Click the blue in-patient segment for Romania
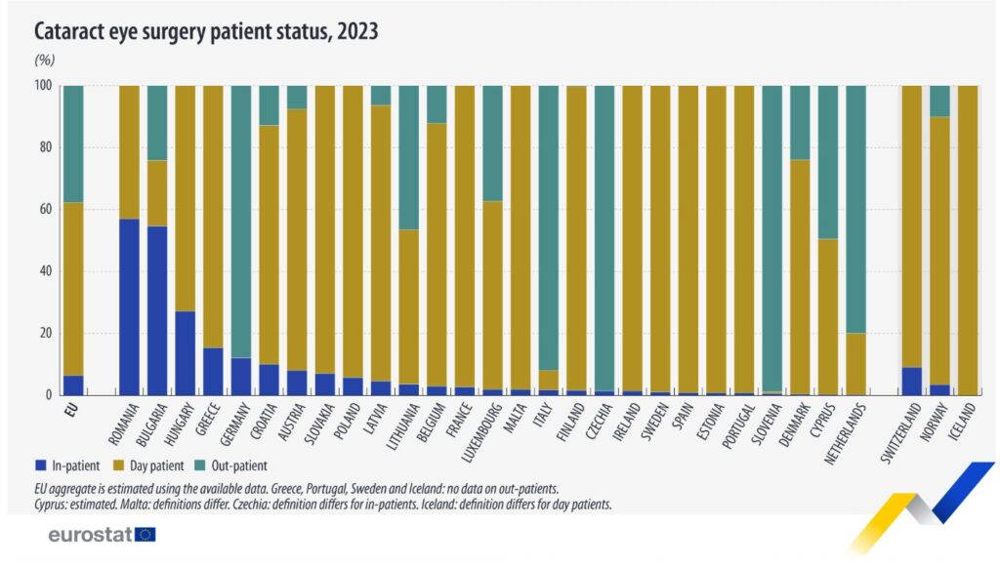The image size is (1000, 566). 128,307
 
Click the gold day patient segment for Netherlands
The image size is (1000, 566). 855,364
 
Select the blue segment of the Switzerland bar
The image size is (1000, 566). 911,381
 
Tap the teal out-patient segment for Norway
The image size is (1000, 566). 939,101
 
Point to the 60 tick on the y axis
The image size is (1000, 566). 45,209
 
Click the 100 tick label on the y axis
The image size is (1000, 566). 42,85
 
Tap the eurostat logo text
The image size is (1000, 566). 89,535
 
